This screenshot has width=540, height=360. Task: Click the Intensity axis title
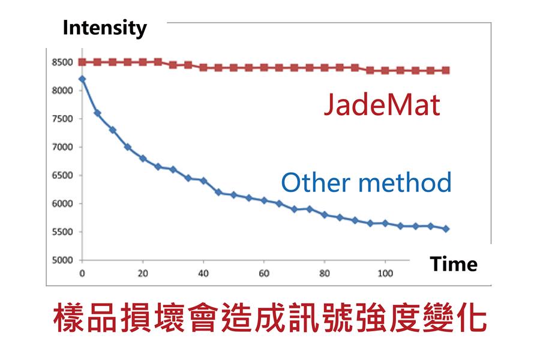pyautogui.click(x=104, y=28)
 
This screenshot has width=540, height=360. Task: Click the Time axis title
pyautogui.click(x=454, y=264)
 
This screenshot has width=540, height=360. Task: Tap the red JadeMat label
pyautogui.click(x=382, y=106)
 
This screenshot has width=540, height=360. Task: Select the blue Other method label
pyautogui.click(x=366, y=182)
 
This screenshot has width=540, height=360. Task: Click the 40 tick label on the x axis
pyautogui.click(x=203, y=274)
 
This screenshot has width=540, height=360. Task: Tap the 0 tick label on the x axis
pyautogui.click(x=82, y=274)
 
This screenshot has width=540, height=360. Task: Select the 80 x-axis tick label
pyautogui.click(x=325, y=274)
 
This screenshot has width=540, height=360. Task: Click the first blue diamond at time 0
pyautogui.click(x=82, y=79)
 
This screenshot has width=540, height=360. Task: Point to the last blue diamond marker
pyautogui.click(x=446, y=229)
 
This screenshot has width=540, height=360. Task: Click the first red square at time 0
pyautogui.click(x=82, y=62)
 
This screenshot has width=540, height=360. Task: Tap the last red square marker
pyautogui.click(x=446, y=70)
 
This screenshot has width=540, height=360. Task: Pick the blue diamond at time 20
pyautogui.click(x=143, y=158)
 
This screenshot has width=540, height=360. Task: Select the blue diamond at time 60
pyautogui.click(x=264, y=200)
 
